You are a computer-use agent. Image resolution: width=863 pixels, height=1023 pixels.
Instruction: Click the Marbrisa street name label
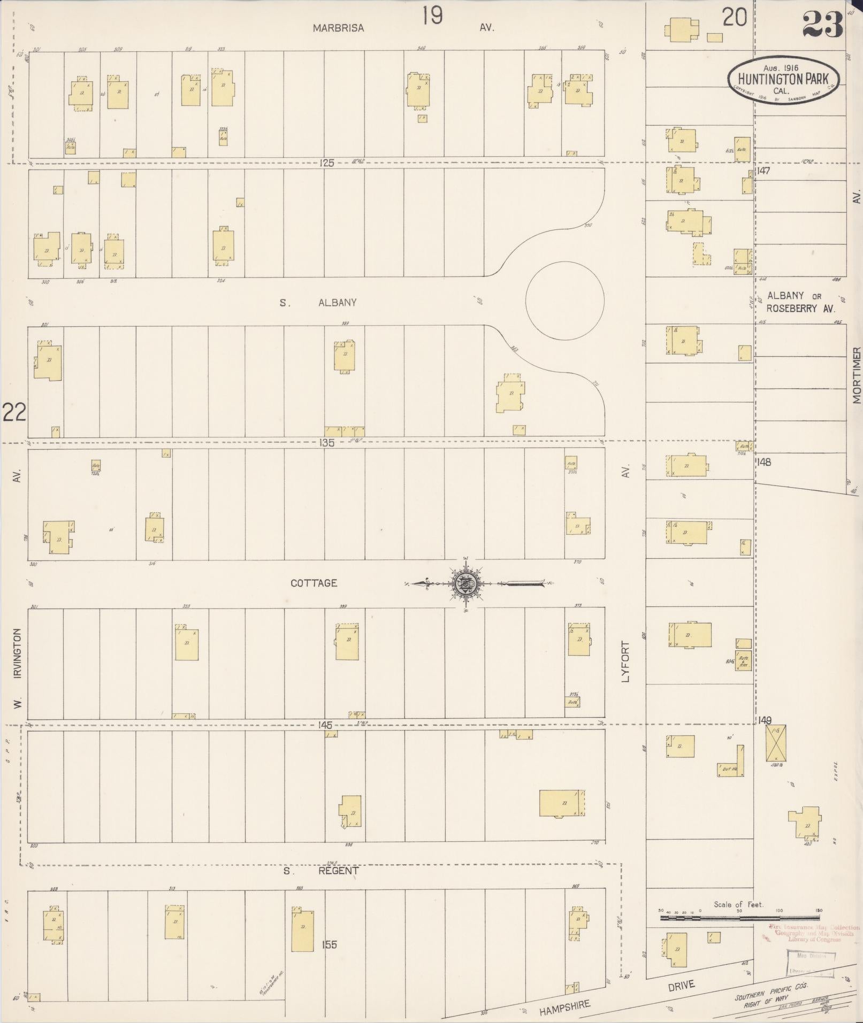tap(338, 28)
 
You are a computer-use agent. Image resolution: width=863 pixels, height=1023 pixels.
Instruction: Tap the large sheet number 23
tap(822, 25)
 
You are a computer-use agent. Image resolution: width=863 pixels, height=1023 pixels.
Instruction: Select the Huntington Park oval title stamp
tap(783, 80)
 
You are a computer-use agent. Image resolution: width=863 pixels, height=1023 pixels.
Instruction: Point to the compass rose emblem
tap(464, 583)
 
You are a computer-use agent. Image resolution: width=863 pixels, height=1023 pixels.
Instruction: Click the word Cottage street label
tap(314, 583)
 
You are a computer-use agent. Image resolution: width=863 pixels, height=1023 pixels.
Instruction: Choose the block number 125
tap(326, 163)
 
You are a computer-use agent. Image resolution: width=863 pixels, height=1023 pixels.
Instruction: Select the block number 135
tap(326, 443)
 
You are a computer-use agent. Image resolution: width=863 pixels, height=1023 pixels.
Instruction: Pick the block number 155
tap(329, 944)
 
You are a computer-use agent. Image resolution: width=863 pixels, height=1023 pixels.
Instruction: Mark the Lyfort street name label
tap(625, 662)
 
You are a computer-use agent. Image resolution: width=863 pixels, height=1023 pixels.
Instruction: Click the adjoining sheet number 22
tap(14, 412)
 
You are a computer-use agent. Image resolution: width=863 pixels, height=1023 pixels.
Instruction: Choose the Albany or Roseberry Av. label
tap(800, 302)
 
